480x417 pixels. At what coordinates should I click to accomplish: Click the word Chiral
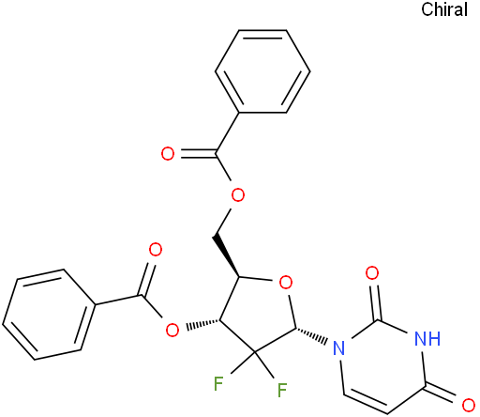tap(444, 9)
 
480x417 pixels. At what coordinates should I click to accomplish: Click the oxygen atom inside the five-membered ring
tap(286, 283)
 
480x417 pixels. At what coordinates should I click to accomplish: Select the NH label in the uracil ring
tap(427, 338)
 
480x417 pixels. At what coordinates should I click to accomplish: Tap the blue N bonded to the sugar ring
tap(339, 347)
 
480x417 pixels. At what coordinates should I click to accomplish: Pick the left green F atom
tap(218, 383)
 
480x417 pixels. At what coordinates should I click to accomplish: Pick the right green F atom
tap(282, 390)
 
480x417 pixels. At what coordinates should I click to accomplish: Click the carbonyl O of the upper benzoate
tap(168, 154)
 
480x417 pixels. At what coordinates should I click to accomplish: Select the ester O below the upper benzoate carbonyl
tap(237, 195)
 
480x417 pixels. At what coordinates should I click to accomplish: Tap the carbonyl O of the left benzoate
tap(156, 250)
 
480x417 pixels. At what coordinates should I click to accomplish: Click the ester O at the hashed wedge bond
tap(172, 330)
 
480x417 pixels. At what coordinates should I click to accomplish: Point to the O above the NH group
tap(372, 273)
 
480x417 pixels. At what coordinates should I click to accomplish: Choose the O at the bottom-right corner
tap(469, 405)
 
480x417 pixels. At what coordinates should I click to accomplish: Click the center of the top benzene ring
tap(262, 71)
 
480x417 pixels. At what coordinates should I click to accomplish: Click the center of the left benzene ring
tap(49, 314)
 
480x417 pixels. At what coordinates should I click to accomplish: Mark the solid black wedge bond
tap(226, 256)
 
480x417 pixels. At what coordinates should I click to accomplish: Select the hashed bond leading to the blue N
tap(311, 333)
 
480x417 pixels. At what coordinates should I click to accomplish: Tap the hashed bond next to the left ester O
tap(203, 325)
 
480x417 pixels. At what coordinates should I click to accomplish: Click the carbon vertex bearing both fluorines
tap(255, 352)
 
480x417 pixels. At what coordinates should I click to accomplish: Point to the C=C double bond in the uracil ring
tap(365, 402)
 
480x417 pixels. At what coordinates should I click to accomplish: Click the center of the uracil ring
tap(383, 366)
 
